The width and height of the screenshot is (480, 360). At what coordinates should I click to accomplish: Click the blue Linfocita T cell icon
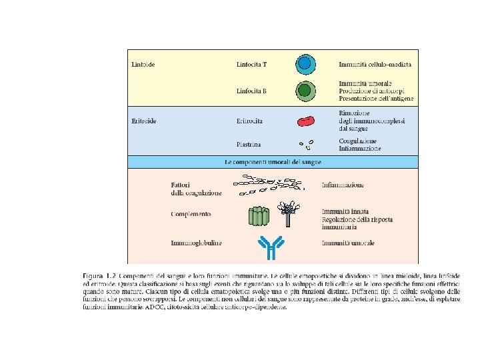click(305, 64)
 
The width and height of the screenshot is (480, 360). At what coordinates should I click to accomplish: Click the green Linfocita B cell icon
click(305, 90)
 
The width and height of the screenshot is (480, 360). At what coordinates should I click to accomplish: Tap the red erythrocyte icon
click(306, 121)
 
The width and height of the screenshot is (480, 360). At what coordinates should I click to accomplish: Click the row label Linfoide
click(143, 65)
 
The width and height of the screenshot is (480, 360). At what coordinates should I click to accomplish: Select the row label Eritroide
click(144, 121)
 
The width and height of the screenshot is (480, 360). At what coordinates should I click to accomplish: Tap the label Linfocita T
click(251, 65)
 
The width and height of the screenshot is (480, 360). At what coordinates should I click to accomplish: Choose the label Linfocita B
click(251, 90)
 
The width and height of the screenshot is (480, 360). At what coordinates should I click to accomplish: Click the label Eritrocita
click(249, 121)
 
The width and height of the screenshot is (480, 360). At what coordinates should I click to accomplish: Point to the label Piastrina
click(248, 144)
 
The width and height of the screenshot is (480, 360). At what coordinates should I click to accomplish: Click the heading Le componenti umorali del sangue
click(273, 162)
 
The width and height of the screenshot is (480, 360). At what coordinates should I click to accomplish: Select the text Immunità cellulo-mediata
click(375, 65)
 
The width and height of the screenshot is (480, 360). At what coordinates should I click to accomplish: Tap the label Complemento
click(191, 214)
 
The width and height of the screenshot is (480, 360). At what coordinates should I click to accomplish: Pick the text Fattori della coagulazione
click(196, 188)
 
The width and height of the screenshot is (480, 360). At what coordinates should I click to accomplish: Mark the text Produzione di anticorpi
click(371, 90)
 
